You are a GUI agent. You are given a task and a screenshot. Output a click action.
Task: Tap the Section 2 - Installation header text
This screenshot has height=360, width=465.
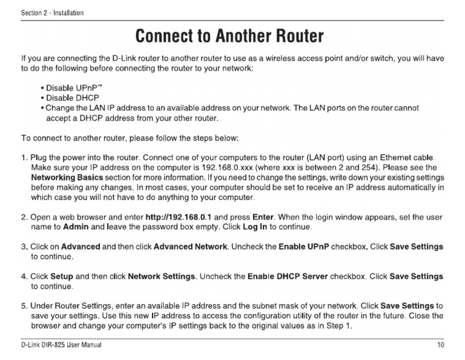pyautogui.click(x=52, y=13)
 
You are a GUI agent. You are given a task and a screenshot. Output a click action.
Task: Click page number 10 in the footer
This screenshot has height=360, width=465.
pyautogui.click(x=440, y=345)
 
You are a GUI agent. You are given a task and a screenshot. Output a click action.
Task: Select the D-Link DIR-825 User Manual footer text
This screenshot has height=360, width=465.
pyautogui.click(x=61, y=345)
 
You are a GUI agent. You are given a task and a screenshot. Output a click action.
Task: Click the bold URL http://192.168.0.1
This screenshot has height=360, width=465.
pyautogui.click(x=179, y=216)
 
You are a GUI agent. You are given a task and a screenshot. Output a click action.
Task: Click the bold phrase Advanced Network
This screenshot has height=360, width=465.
pyautogui.click(x=190, y=247)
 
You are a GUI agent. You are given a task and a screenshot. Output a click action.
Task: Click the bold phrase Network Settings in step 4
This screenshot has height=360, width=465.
pyautogui.click(x=161, y=276)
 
